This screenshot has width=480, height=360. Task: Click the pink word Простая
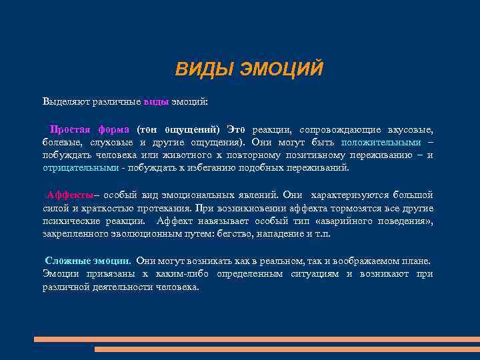click(71, 129)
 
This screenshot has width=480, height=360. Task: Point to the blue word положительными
click(381, 142)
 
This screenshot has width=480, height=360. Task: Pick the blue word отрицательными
click(81, 167)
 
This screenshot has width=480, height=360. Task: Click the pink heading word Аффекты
click(69, 195)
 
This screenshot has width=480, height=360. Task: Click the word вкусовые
click(412, 129)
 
